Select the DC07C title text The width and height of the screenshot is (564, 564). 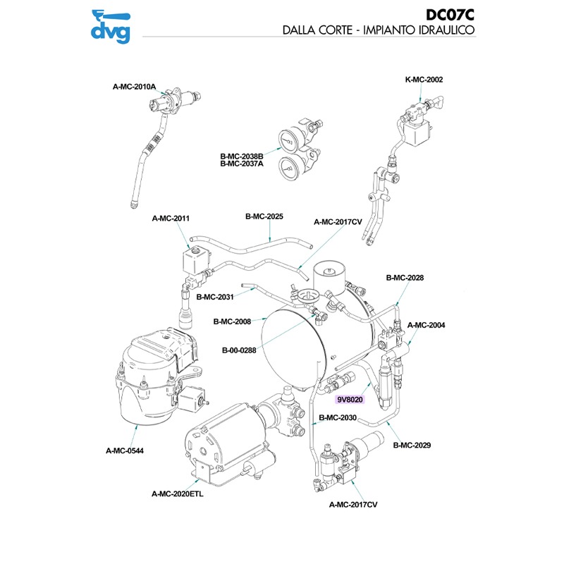[x=450, y=15]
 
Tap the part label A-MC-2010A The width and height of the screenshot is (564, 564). [x=134, y=87]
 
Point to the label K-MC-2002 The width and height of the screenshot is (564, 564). [x=424, y=80]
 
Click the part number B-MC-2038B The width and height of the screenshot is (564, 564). [x=241, y=156]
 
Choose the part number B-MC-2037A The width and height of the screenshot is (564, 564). [x=241, y=164]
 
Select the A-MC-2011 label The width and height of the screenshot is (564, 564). [x=171, y=219]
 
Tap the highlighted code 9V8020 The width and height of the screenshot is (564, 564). [x=350, y=400]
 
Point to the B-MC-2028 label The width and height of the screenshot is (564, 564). [x=405, y=278]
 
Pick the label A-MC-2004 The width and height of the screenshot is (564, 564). [x=427, y=325]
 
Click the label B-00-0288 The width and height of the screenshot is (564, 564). [x=236, y=349]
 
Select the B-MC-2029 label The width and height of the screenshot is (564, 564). [x=412, y=445]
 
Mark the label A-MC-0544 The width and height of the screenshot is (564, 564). [x=125, y=450]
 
